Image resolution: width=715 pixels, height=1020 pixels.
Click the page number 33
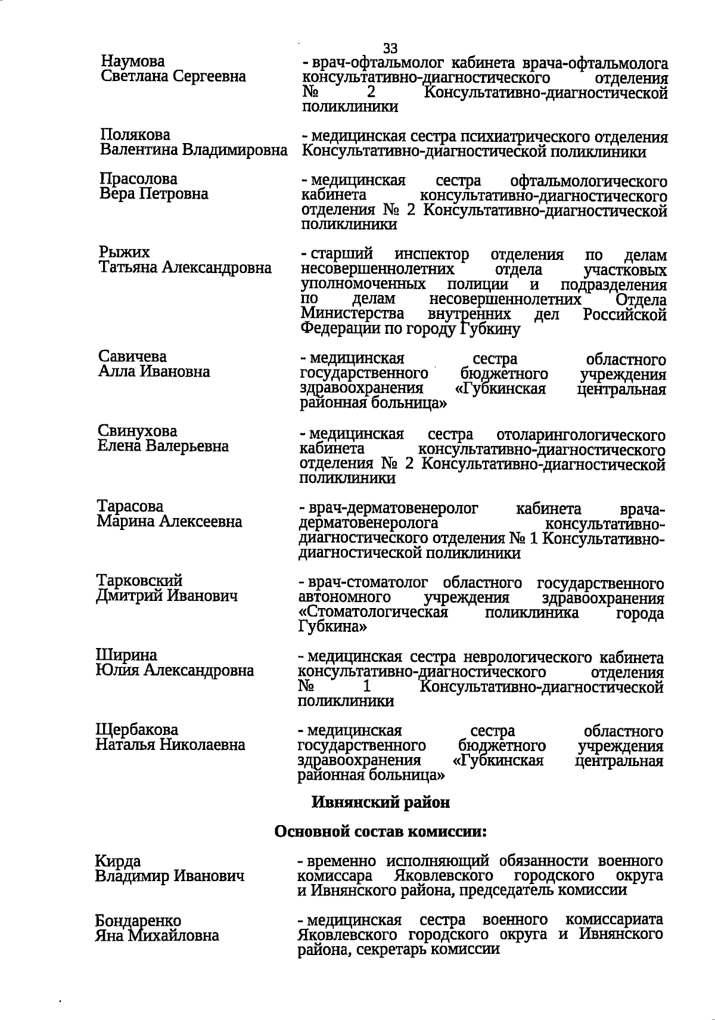click(x=390, y=48)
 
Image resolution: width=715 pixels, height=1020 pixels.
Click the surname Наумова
click(x=133, y=61)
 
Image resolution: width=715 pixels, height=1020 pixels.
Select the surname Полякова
click(x=135, y=135)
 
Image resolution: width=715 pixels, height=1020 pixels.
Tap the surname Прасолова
click(x=139, y=179)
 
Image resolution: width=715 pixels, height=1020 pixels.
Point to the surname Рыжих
click(x=124, y=253)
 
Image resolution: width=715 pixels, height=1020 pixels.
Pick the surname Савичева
click(x=133, y=356)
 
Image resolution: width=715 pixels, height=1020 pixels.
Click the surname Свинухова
click(x=138, y=431)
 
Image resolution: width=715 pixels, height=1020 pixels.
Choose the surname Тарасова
click(x=130, y=506)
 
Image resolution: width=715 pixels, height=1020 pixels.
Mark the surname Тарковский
click(x=139, y=581)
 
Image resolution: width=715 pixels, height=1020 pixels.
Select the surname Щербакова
click(x=137, y=730)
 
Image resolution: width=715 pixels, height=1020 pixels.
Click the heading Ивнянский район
click(x=381, y=802)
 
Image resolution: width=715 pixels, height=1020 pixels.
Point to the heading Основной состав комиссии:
click(x=381, y=831)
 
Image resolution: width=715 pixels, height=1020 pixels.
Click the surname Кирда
click(x=118, y=861)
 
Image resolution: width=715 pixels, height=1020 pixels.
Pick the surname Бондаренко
click(x=138, y=921)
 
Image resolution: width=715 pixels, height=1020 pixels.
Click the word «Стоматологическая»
click(x=372, y=613)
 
